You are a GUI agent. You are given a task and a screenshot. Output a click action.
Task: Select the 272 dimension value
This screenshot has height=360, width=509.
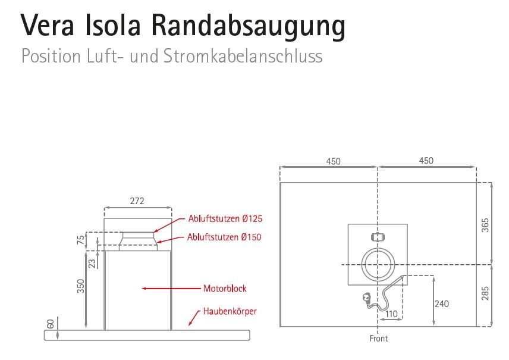[137, 201]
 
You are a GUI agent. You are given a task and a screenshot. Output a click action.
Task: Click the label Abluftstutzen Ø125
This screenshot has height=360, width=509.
[225, 218]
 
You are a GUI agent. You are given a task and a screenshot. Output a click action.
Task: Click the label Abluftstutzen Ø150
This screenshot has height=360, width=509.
[224, 237]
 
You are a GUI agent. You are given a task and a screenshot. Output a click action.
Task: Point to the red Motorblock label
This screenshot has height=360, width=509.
[225, 289]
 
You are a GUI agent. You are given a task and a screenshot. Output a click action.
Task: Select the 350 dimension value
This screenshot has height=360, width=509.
[81, 286]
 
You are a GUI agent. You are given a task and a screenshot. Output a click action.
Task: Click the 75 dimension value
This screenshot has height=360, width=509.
[81, 239]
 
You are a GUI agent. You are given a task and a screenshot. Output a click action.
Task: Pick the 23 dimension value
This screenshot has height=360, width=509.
[92, 262]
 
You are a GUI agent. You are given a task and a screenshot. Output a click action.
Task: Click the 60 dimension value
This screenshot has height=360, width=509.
[51, 324]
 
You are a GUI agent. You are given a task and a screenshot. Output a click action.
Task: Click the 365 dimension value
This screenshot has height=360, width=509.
[485, 225]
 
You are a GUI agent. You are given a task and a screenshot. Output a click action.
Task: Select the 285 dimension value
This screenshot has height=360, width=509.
[485, 294]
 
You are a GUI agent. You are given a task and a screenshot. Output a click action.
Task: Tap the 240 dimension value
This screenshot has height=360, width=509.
[441, 303]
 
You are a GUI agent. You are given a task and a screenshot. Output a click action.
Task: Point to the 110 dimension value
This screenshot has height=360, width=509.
[391, 314]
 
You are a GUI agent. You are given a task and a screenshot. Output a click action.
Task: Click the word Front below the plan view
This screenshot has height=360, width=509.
[378, 339]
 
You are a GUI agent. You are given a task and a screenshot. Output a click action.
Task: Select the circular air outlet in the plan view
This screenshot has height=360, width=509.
[378, 263]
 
